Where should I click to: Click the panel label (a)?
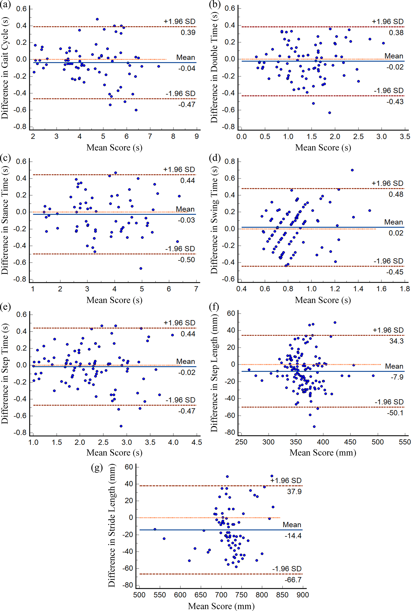coord(6,5)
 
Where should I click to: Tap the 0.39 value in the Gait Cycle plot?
coord(188,32)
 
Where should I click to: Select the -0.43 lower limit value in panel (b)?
coord(395,102)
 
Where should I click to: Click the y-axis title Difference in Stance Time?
coord(5,220)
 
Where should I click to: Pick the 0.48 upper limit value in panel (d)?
coord(396,194)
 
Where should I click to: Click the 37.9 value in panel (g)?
coord(294,491)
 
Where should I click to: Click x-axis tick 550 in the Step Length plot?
coord(405,442)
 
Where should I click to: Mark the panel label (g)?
coord(97,468)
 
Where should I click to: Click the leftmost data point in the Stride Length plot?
coord(155,529)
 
